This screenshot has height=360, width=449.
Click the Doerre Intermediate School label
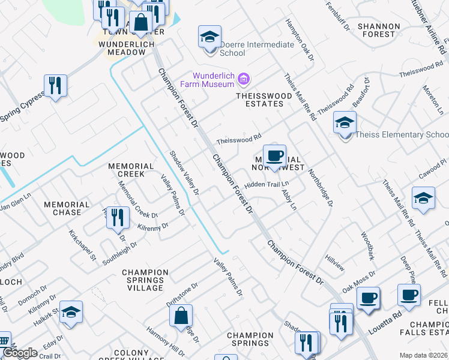(257, 49)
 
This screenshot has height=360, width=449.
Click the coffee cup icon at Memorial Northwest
(274, 156)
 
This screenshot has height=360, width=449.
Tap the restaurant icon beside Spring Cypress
(55, 85)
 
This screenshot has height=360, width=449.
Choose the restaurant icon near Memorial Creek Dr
(118, 217)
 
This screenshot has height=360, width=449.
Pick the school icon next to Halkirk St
(71, 312)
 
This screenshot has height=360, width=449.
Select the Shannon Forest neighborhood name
(378, 30)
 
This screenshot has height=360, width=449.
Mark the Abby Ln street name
(289, 200)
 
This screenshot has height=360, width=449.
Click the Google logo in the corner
(20, 353)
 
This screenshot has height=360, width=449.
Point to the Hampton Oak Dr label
(300, 39)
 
